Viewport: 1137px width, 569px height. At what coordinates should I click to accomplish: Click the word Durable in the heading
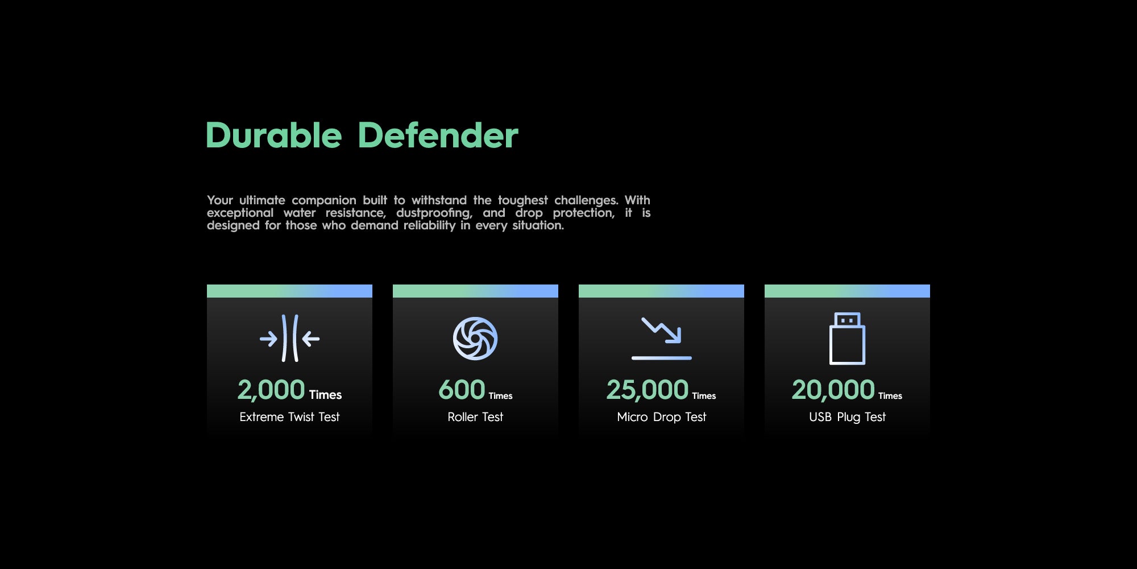273,135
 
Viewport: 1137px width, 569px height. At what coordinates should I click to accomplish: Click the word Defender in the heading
438,135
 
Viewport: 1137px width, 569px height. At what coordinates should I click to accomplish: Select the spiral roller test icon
475,339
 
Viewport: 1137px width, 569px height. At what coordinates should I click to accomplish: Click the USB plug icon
847,339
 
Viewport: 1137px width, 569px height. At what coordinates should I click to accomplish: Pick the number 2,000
271,390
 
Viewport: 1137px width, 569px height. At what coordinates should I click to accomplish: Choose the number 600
462,390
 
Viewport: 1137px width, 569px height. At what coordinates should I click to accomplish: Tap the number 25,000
647,390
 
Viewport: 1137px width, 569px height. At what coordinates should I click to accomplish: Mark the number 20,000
833,390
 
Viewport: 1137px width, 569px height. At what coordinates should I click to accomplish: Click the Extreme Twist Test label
289,417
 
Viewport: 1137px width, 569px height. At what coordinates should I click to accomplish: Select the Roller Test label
475,417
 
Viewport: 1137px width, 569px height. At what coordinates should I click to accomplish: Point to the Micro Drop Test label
661,417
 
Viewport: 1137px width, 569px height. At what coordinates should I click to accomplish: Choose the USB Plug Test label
847,417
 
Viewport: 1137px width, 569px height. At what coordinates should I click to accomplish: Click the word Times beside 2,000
325,395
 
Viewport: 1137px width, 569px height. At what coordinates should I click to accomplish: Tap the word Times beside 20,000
890,396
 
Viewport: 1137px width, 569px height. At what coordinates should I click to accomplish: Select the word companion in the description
324,200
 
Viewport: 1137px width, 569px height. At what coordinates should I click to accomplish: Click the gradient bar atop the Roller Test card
475,291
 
